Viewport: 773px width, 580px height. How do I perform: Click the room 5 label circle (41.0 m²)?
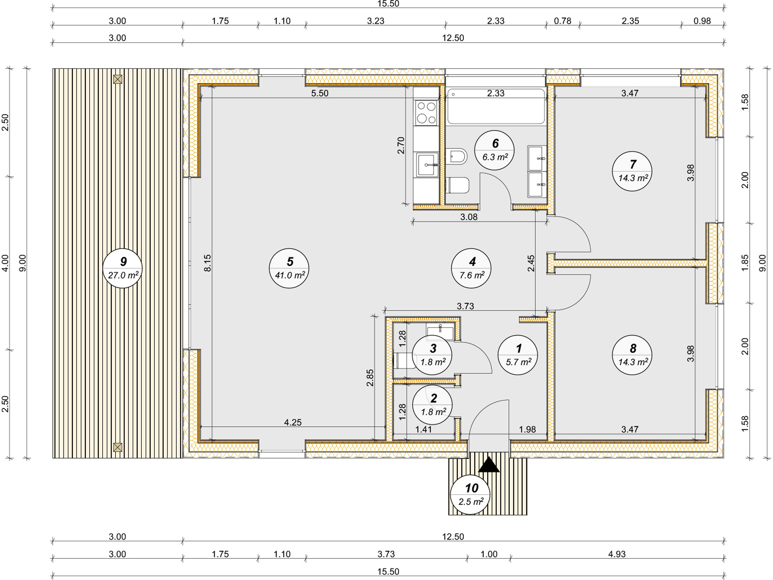point(289,268)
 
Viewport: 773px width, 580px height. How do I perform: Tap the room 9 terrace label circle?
point(123,268)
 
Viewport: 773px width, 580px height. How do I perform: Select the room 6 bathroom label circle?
point(494,150)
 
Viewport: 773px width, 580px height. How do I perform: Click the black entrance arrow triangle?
point(489,465)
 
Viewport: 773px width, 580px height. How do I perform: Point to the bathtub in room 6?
point(496,107)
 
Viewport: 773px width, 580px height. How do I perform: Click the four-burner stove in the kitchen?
point(426,112)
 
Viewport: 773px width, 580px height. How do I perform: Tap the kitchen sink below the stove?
point(427,164)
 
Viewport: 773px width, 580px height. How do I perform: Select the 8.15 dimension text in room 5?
point(207,263)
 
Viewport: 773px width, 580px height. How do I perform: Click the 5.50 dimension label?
point(320,93)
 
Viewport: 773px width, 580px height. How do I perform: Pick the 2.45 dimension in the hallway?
point(531,263)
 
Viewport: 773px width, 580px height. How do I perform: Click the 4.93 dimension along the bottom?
point(616,554)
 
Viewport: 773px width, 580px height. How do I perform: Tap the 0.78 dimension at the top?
point(562,21)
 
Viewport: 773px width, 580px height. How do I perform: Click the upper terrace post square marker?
point(118,79)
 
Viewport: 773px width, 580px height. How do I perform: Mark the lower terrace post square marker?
point(118,447)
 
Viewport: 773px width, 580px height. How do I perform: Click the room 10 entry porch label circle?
point(470,495)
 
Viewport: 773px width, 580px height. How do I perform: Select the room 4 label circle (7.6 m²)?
point(471,268)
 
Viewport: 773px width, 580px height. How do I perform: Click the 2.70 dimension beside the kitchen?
point(401,145)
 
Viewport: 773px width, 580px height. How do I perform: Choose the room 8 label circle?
point(632,355)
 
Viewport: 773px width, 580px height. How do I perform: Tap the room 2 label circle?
point(433,405)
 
